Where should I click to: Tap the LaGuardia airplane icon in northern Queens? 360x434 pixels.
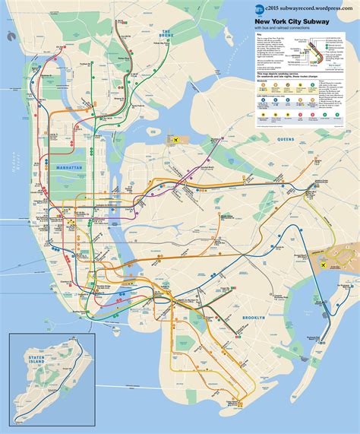178,141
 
